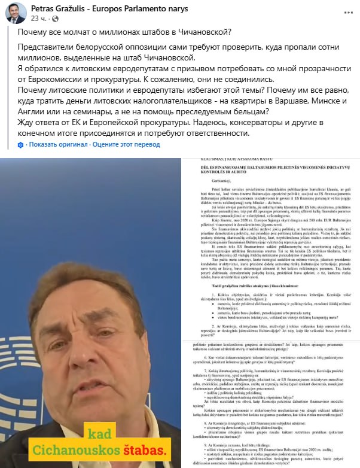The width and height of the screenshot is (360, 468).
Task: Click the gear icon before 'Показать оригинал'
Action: tap(21, 145)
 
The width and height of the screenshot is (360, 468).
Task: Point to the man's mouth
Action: tap(90, 377)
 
